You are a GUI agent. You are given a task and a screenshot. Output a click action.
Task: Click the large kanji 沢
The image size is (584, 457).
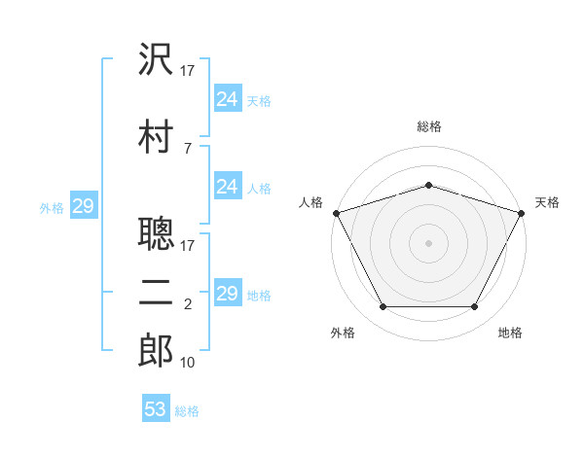tap(156, 58)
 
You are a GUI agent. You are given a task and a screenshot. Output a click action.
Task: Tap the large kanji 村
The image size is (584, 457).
tap(156, 136)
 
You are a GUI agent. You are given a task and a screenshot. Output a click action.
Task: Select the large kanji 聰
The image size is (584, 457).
tap(156, 233)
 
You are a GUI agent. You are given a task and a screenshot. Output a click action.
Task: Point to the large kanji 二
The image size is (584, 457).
tap(156, 293)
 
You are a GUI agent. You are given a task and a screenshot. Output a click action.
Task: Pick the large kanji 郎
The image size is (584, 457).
tap(156, 350)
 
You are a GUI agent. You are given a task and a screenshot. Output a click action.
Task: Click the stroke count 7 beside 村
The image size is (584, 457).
tap(188, 149)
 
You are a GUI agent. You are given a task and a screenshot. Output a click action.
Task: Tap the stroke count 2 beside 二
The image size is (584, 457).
tap(188, 304)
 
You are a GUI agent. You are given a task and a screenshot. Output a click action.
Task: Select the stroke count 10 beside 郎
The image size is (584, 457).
tap(187, 363)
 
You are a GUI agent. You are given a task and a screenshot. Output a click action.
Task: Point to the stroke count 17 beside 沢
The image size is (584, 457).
tap(187, 71)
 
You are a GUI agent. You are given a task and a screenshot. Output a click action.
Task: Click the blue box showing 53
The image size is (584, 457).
tap(156, 407)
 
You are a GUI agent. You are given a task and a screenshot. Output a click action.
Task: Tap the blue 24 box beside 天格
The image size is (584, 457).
tap(228, 98)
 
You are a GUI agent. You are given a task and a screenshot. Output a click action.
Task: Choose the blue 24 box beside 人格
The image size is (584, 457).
tap(228, 186)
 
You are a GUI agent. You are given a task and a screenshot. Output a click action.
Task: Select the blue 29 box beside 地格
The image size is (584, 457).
tap(228, 292)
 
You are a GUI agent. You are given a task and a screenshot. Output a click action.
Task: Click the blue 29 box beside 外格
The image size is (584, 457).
tap(84, 205)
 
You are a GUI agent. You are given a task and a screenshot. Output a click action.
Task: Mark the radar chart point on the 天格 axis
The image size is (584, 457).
tap(521, 213)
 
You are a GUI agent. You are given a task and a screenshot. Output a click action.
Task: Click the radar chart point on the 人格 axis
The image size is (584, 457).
tap(337, 213)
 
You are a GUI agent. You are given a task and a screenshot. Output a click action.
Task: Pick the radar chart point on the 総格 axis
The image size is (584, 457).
tap(428, 185)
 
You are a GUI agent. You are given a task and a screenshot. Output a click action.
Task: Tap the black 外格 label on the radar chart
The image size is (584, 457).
tap(343, 333)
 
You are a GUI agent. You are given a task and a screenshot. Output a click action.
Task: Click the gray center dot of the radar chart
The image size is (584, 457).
tap(428, 243)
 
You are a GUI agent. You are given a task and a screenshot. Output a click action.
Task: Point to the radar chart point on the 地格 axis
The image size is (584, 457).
tap(474, 306)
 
